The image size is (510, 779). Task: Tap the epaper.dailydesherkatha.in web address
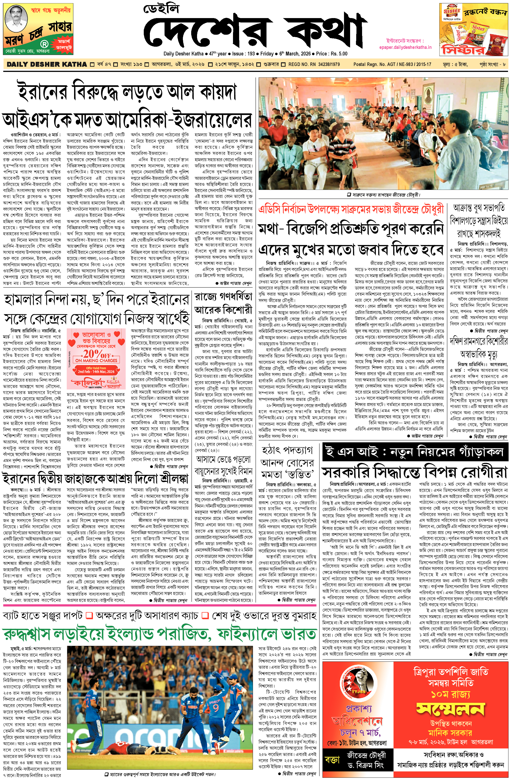405,47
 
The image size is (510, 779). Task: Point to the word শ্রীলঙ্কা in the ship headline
174,479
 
